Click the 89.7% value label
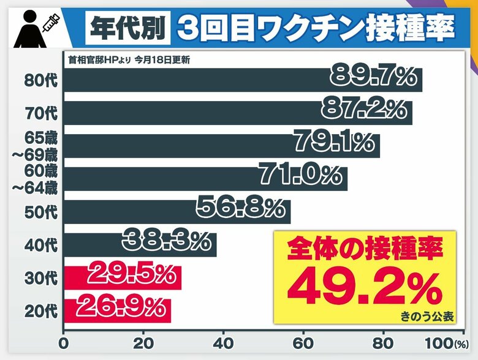[373, 78]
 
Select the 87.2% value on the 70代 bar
[364, 110]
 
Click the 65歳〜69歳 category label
[35, 146]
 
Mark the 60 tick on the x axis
[303, 343]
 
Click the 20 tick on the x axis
[143, 343]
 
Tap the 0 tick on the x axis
[63, 343]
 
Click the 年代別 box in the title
[126, 26]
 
